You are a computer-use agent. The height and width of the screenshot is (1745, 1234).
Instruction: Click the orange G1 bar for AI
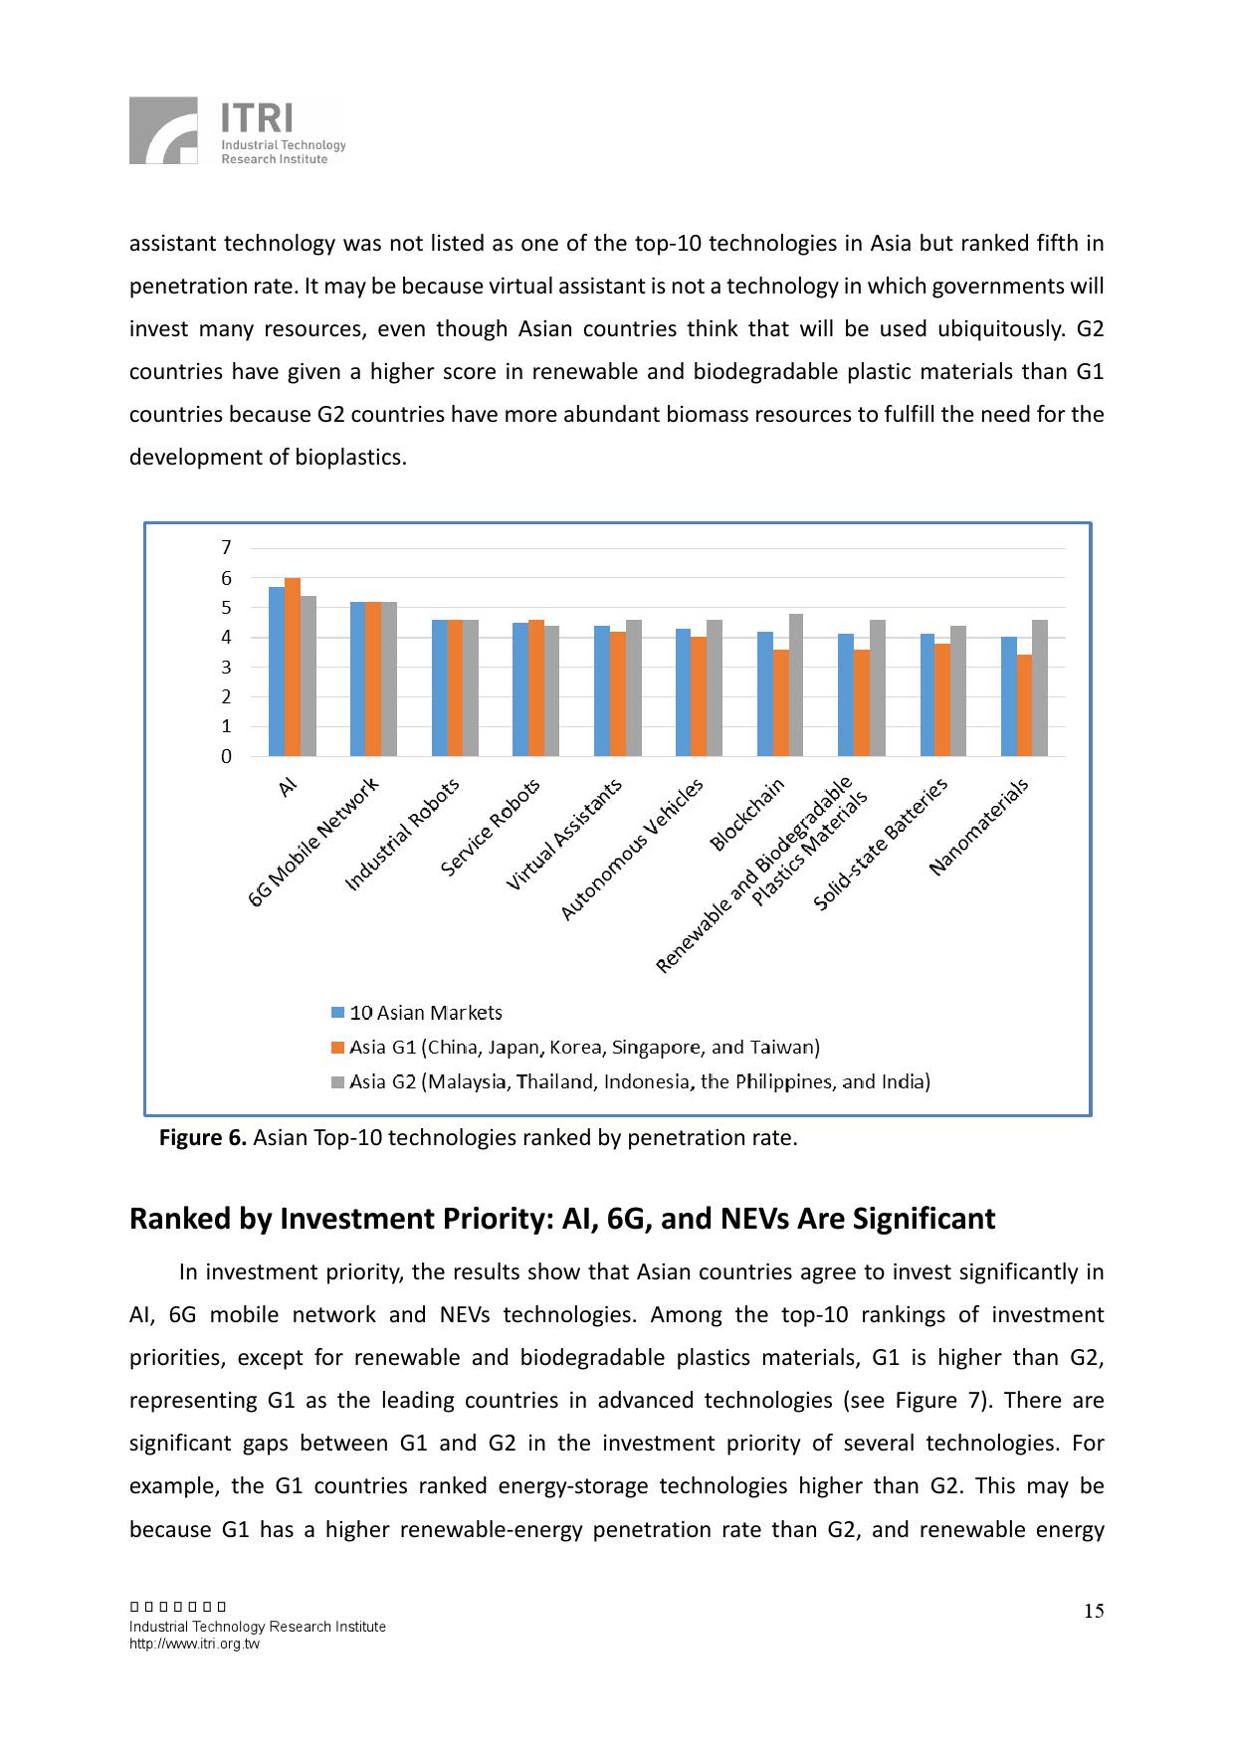pyautogui.click(x=293, y=667)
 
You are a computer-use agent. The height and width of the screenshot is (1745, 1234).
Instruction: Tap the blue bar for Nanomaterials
pyautogui.click(x=1009, y=696)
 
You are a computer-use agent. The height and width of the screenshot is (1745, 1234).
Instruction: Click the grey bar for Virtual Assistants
pyautogui.click(x=634, y=687)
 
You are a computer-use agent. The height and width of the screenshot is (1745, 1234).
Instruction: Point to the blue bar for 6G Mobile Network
pyautogui.click(x=357, y=679)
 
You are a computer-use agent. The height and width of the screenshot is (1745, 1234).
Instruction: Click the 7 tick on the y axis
pyautogui.click(x=227, y=547)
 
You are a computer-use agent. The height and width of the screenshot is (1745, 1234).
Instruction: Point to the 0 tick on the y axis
pyautogui.click(x=227, y=756)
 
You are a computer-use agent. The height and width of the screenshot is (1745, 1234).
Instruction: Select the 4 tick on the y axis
pyautogui.click(x=227, y=637)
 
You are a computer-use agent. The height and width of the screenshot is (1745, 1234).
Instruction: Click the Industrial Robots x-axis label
pyautogui.click(x=403, y=834)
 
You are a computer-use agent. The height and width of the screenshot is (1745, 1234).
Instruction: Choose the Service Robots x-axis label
pyautogui.click(x=491, y=827)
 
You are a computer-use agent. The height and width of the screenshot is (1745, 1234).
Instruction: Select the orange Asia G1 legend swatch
pyautogui.click(x=337, y=1048)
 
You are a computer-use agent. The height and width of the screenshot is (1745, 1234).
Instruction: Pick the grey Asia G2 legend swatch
pyautogui.click(x=337, y=1082)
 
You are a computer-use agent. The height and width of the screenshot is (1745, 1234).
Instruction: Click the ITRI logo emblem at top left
pyautogui.click(x=163, y=130)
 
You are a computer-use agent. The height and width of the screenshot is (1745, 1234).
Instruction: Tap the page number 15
pyautogui.click(x=1094, y=1612)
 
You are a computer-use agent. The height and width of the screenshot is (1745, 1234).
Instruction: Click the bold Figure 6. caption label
pyautogui.click(x=203, y=1138)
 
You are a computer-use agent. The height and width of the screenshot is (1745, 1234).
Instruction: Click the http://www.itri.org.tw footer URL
pyautogui.click(x=194, y=1644)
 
